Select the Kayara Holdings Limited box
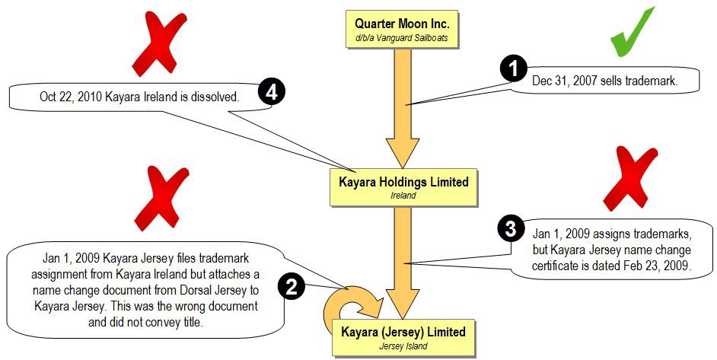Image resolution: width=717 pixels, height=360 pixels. coord(403,187)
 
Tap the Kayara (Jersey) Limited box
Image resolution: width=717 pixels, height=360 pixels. coord(403,336)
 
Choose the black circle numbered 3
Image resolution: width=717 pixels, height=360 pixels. coord(510,228)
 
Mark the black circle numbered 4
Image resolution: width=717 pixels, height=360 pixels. coord(272,93)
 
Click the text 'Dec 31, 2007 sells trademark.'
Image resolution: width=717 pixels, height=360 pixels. coord(604,79)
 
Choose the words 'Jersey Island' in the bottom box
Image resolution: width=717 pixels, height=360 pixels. coord(403,347)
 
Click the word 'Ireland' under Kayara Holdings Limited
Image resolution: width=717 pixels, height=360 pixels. coord(403,196)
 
